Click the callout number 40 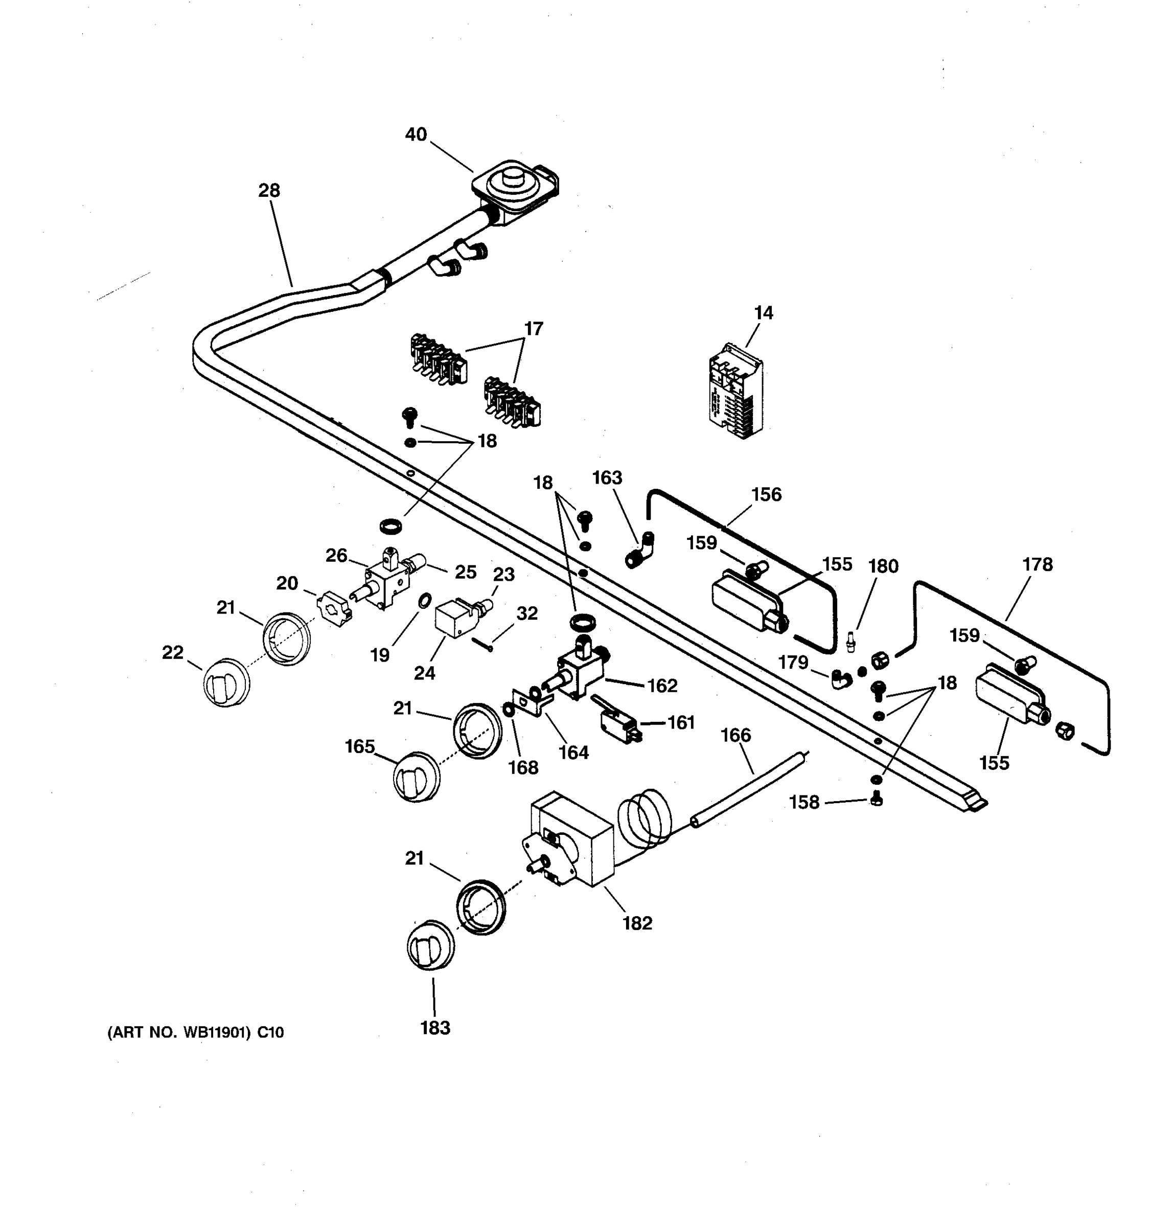coord(416,134)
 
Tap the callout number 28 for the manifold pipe coord(269,191)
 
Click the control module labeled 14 coord(735,391)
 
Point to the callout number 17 coord(534,329)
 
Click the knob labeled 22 coord(226,683)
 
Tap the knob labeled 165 coord(417,777)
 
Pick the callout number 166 coord(735,735)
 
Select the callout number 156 coord(766,494)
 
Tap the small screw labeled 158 coord(877,801)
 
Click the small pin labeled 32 coord(483,644)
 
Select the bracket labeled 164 coord(531,703)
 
